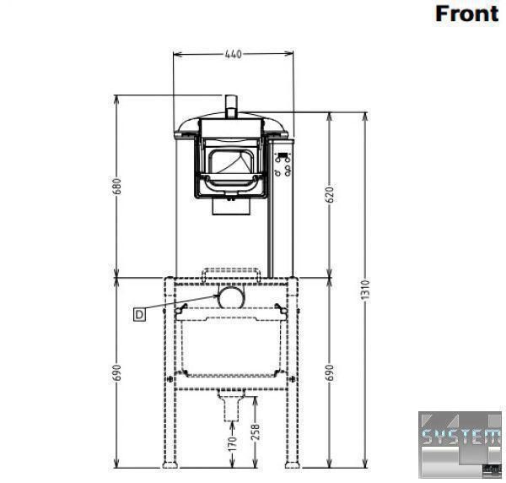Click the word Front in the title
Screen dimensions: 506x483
466,14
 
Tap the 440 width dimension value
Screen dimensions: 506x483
233,54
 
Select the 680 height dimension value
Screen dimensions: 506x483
117,186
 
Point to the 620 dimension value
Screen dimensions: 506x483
330,194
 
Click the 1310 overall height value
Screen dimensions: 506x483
364,290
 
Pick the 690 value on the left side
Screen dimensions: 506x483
117,372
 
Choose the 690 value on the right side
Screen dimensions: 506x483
330,372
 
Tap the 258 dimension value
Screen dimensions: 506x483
255,432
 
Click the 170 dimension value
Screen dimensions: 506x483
233,443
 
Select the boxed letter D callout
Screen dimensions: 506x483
139,314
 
